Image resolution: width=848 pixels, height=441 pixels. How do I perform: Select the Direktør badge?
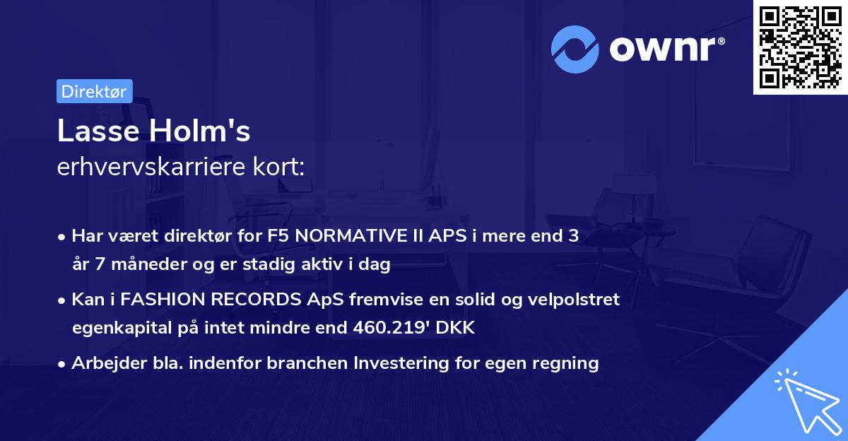[x=94, y=91]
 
